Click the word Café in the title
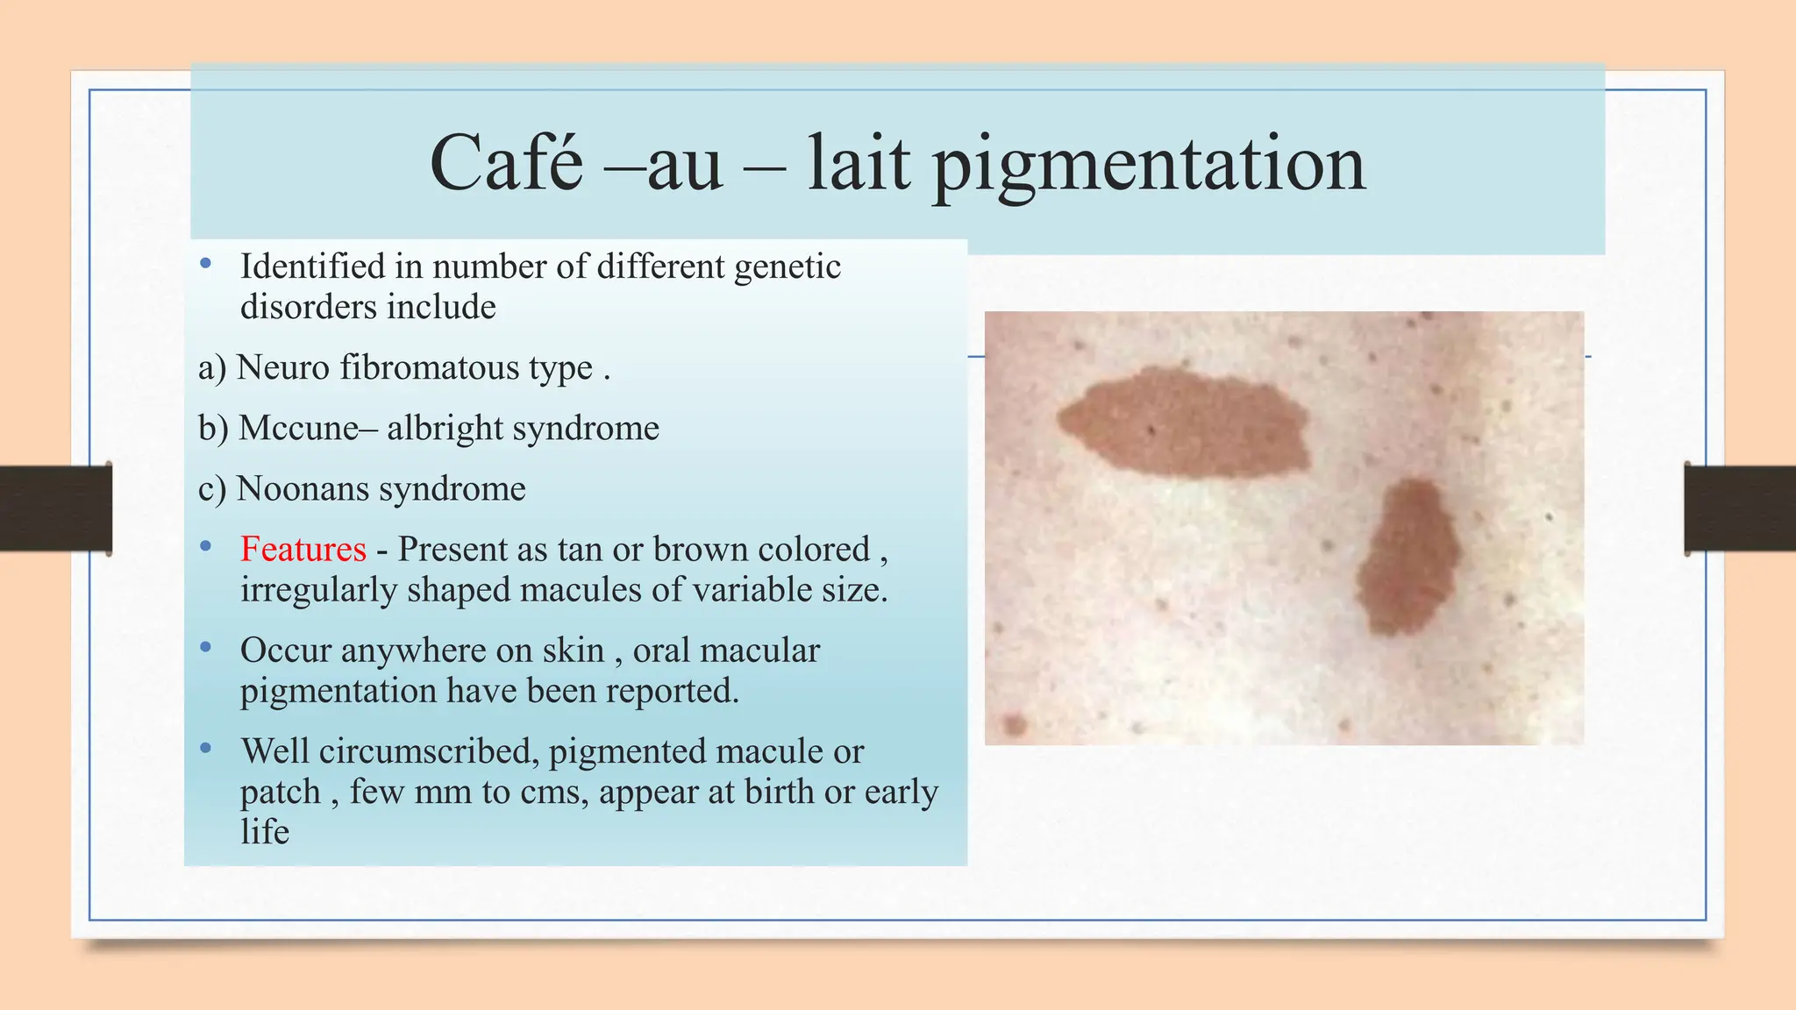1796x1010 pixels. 506,163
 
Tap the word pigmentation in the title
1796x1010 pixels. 1148,167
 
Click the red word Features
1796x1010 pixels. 303,550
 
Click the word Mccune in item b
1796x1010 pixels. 298,429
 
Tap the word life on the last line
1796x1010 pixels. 264,832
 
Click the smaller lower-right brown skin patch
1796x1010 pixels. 1408,558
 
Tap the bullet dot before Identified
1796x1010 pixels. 206,263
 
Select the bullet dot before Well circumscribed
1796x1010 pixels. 206,748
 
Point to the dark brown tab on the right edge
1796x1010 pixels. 1740,509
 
